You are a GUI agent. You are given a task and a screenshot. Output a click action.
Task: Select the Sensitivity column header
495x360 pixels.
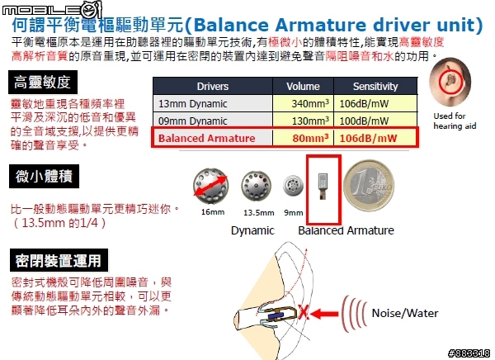pos(375,87)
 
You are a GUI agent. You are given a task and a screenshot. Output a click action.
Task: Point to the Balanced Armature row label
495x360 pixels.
pos(206,138)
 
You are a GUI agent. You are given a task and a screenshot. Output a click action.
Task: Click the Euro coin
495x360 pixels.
pos(369,186)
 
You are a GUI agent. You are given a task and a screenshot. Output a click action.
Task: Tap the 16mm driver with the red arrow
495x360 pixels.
pos(210,186)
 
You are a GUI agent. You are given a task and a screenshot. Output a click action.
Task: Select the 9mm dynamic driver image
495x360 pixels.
pos(293,185)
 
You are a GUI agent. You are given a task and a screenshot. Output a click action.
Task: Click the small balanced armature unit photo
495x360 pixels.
pos(323,186)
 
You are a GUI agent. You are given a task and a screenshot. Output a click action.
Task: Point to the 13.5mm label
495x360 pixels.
pos(258,213)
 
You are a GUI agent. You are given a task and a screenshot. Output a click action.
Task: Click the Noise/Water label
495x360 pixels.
pos(405,313)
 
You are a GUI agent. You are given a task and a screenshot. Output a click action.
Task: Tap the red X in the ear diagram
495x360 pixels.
pos(304,313)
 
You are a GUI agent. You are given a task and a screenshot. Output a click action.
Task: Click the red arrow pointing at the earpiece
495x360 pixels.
pos(324,314)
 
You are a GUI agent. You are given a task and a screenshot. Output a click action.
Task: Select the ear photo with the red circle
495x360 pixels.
pos(450,82)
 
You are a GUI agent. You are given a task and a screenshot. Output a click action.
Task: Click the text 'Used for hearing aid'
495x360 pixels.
pos(455,121)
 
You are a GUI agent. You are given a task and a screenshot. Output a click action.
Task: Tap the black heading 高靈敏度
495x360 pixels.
pos(43,83)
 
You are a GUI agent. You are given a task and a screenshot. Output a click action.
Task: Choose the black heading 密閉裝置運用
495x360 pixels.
pos(59,260)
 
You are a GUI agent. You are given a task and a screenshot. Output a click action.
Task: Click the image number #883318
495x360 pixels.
pos(469,353)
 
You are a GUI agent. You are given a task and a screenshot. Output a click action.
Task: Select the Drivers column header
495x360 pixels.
pos(213,87)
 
